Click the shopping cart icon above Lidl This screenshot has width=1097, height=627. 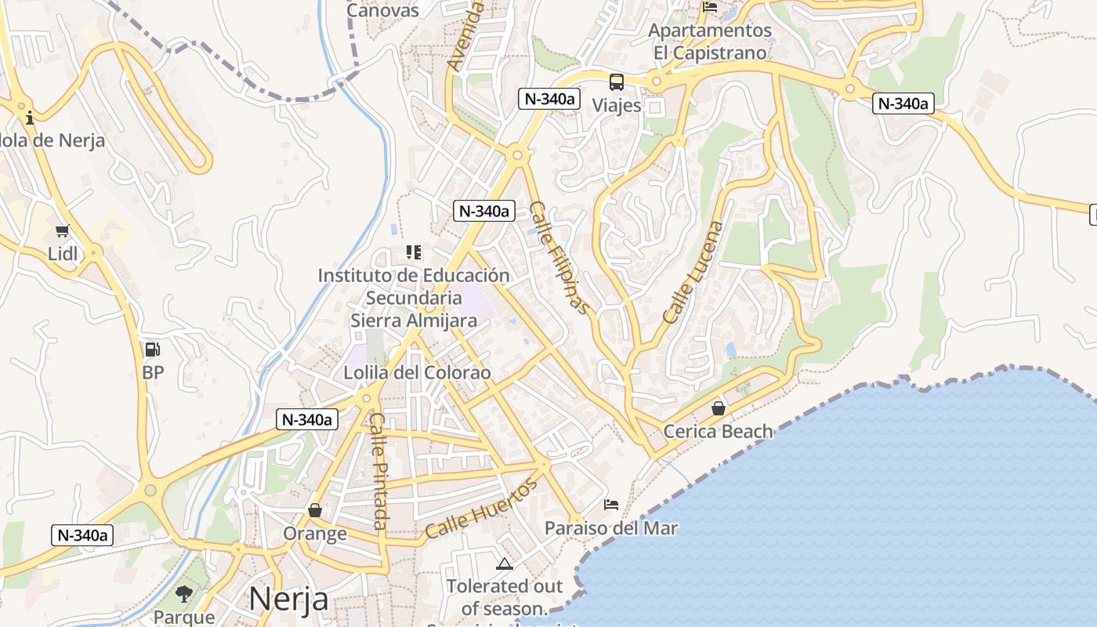(63, 230)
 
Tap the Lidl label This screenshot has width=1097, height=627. (63, 254)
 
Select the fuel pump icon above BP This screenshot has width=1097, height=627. (152, 350)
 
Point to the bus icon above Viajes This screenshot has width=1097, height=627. (617, 82)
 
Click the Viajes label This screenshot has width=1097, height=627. (617, 105)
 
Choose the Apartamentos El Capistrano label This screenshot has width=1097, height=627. (711, 42)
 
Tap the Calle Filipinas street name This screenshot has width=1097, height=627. (559, 258)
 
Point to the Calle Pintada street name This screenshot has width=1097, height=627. (379, 470)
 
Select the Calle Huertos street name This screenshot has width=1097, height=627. (482, 509)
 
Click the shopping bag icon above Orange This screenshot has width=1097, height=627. (315, 511)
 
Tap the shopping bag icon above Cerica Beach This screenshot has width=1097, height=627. (718, 408)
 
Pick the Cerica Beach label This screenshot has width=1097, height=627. (718, 431)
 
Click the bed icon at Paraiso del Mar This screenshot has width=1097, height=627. (611, 505)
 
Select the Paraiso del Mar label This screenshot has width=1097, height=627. (611, 527)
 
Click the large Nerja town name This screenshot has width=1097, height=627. (288, 600)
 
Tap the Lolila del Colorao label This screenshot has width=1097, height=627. (417, 372)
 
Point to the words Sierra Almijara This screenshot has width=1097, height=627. (414, 321)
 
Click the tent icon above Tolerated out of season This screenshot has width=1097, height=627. (504, 563)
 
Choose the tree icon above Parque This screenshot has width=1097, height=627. (184, 593)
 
